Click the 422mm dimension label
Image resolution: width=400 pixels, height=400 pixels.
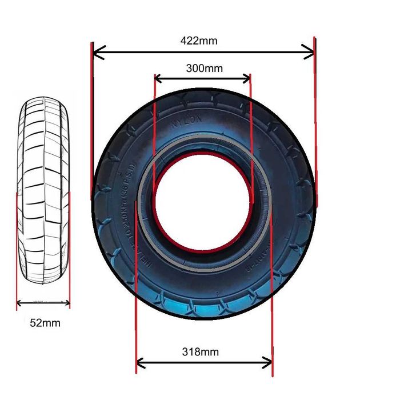199,41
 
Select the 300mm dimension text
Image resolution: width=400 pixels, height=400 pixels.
204,68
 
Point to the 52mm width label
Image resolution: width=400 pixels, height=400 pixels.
45,323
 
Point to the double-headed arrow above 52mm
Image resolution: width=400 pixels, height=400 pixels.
43,303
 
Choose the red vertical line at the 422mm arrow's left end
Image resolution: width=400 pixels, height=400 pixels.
91,120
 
